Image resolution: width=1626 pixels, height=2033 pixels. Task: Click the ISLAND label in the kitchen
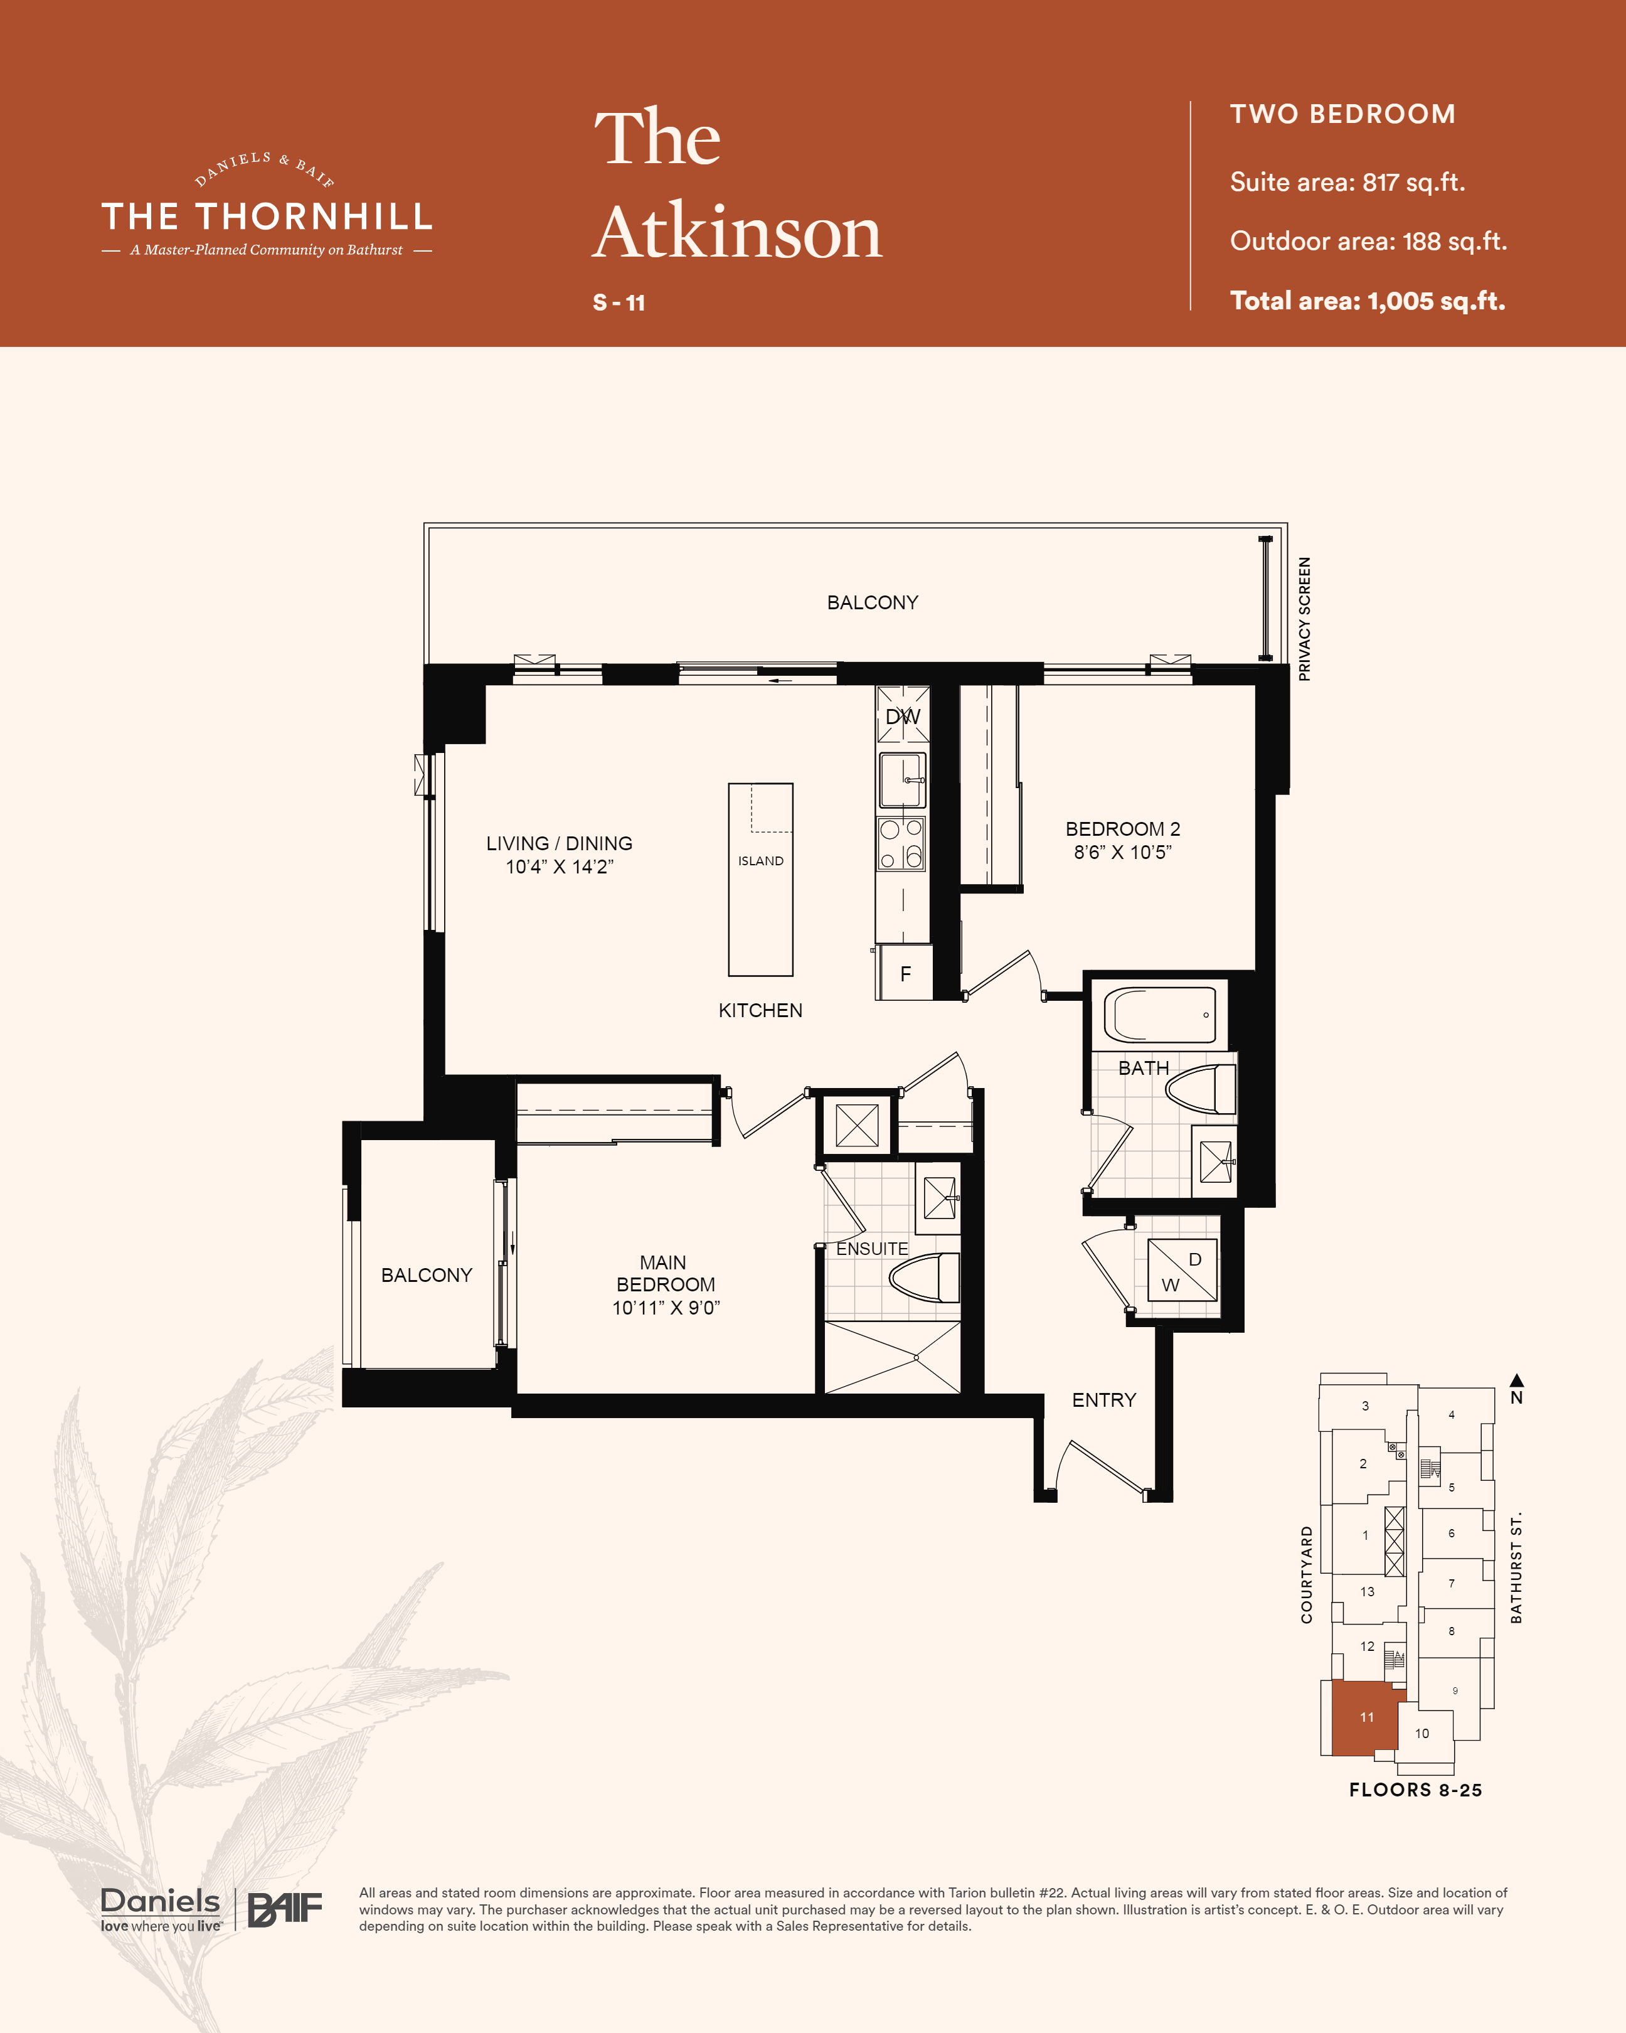click(x=761, y=861)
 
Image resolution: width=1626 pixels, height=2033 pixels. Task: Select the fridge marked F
click(x=905, y=973)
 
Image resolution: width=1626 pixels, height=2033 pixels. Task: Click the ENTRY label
click(x=1104, y=1401)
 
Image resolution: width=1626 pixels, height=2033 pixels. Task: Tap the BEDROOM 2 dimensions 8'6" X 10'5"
click(x=1123, y=853)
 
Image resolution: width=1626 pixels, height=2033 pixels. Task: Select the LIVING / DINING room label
click(x=559, y=844)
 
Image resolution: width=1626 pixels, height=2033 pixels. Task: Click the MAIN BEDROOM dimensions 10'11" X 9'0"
click(x=666, y=1308)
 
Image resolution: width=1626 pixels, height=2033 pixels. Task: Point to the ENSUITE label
click(x=872, y=1249)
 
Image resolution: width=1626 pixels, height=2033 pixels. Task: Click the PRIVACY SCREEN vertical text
click(x=1305, y=619)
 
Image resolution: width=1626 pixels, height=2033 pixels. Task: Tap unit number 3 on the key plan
click(x=1365, y=1406)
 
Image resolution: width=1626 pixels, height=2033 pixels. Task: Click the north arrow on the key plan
click(x=1517, y=1380)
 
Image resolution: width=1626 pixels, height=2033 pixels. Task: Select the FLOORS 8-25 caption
click(x=1415, y=1790)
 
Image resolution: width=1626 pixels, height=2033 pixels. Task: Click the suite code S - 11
click(x=619, y=302)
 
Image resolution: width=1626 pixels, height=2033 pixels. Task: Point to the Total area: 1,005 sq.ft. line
click(x=1368, y=301)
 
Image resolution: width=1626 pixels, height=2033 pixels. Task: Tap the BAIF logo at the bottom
click(x=285, y=1909)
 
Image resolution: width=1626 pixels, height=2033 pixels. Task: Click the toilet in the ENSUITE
click(x=925, y=1279)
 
